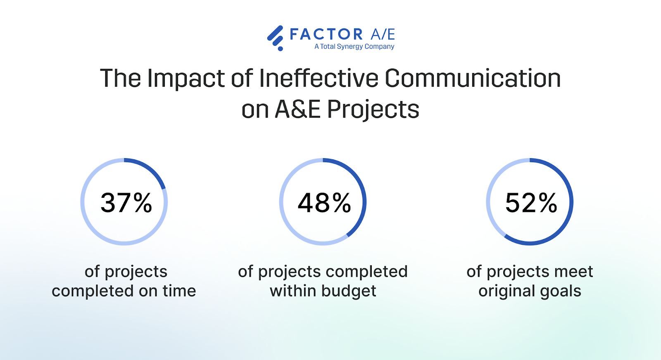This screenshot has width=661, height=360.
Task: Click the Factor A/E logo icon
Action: click(276, 38)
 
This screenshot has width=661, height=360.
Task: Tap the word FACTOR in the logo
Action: click(326, 34)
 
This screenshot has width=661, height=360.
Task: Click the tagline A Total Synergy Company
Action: click(354, 47)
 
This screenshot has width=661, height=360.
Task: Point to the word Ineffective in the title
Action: click(319, 78)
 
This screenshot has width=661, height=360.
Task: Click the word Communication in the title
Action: click(473, 78)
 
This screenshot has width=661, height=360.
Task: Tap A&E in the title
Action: click(297, 110)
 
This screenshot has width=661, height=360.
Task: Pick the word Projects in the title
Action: click(373, 110)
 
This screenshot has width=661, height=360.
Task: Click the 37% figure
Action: click(126, 203)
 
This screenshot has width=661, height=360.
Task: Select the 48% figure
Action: click(324, 203)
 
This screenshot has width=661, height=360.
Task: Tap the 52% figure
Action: click(531, 203)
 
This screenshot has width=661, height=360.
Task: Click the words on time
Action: click(167, 291)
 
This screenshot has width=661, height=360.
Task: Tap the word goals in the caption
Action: click(561, 291)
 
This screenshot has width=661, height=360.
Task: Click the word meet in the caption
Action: click(573, 272)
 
